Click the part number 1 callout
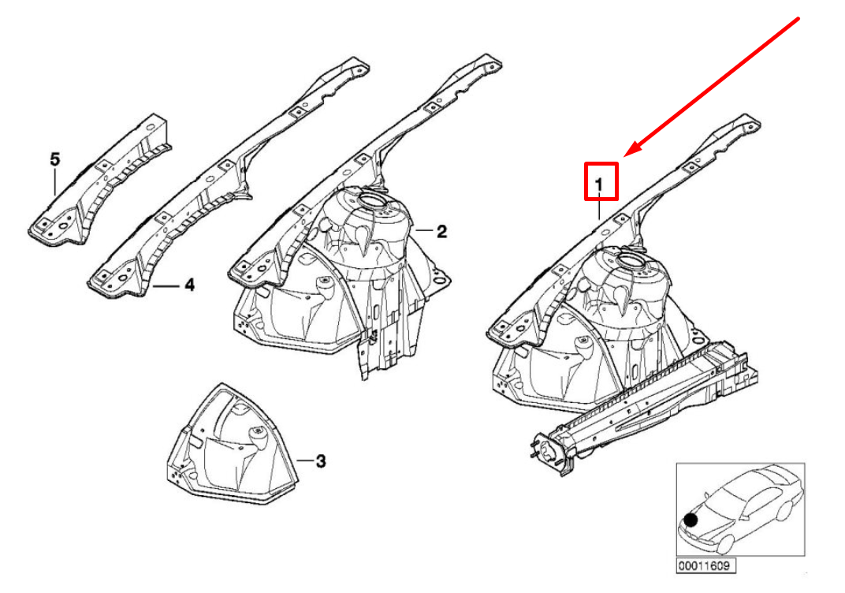click(x=599, y=185)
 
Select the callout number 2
click(x=441, y=232)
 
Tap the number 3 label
click(x=321, y=461)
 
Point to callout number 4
click(x=190, y=285)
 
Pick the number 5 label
click(x=55, y=159)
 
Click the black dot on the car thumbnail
click(x=691, y=520)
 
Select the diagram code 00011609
click(x=706, y=565)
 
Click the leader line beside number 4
click(x=166, y=285)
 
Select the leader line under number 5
click(x=55, y=181)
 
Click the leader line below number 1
click(x=599, y=206)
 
